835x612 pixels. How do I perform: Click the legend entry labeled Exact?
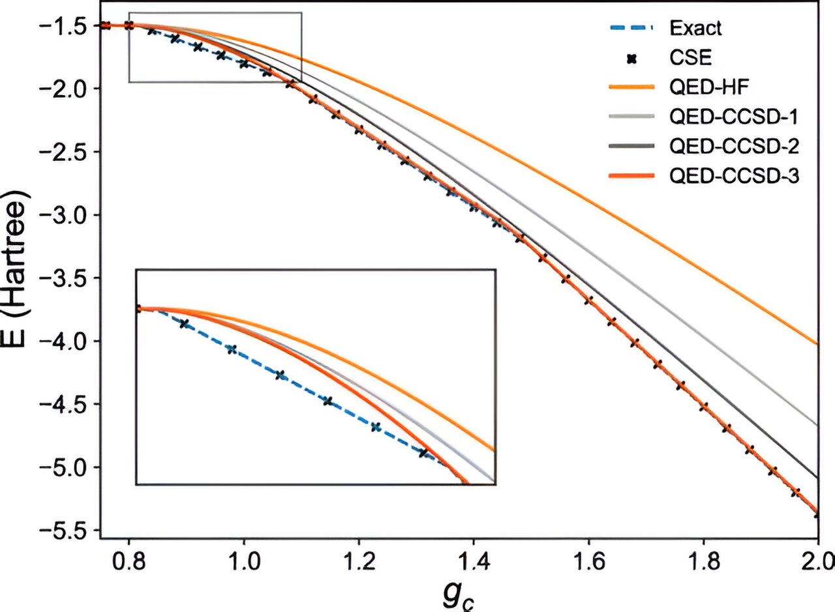point(695,28)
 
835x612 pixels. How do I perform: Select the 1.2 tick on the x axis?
point(358,559)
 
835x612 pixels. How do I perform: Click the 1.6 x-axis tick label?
point(588,559)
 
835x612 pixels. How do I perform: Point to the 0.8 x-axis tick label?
point(129,559)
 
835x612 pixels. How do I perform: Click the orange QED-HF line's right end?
point(816,343)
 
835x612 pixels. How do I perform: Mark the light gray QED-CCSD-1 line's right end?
point(816,425)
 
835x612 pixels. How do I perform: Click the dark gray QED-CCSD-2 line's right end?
point(816,477)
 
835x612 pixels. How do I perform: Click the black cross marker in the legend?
point(631,59)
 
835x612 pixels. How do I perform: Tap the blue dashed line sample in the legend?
point(630,28)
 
